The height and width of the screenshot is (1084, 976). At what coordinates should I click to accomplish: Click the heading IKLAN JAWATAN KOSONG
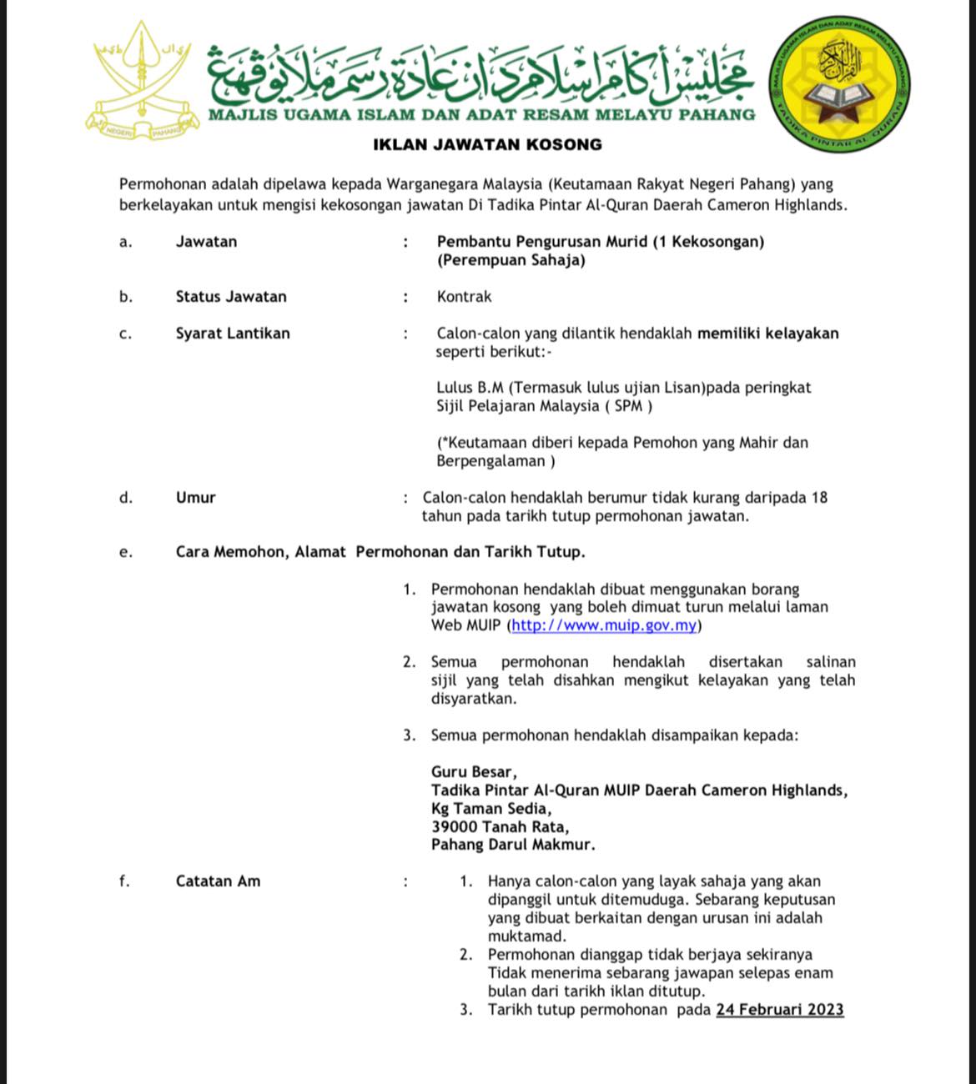click(x=487, y=144)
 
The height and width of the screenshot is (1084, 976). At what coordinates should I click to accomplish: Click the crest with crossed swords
click(x=142, y=81)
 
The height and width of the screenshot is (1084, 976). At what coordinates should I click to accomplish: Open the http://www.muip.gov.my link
click(x=604, y=625)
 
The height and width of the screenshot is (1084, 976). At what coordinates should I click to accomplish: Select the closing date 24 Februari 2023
click(x=780, y=1010)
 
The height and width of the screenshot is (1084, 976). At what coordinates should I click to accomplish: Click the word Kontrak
click(x=464, y=297)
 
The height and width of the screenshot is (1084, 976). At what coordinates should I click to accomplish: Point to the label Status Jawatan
click(x=231, y=297)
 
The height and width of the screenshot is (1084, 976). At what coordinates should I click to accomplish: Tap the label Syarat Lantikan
click(x=233, y=334)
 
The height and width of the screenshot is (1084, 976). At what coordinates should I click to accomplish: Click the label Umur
click(x=195, y=498)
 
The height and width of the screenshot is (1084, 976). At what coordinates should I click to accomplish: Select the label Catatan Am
click(x=218, y=881)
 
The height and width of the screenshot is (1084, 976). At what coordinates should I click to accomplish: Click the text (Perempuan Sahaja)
click(x=511, y=260)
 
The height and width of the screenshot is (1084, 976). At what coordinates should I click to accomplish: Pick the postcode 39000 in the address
click(x=455, y=827)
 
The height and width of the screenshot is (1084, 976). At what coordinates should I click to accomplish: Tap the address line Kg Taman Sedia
click(x=491, y=809)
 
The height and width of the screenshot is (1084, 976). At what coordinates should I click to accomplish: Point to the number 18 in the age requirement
click(x=819, y=498)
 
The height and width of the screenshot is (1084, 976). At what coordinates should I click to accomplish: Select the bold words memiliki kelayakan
click(x=767, y=334)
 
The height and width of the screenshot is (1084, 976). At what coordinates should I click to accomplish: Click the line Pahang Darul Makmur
click(x=513, y=845)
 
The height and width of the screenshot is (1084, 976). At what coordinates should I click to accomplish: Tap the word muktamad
click(x=526, y=936)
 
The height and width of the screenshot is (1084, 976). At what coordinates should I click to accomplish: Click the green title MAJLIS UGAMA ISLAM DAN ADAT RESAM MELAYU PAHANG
click(x=481, y=115)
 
